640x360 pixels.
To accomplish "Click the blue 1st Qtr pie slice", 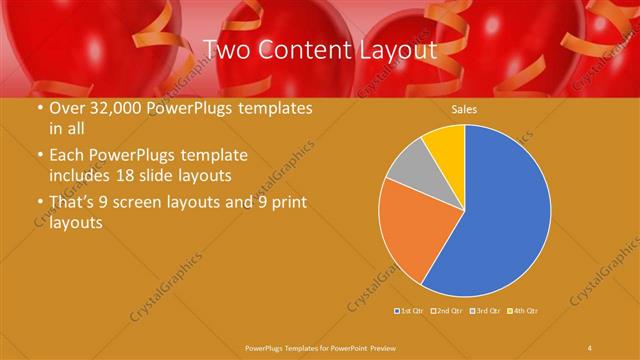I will coord(500,210).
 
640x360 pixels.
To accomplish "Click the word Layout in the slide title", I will coord(397,49).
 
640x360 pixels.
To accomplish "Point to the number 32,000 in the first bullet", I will coord(111,108).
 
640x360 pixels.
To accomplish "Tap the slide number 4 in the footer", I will coord(590,347).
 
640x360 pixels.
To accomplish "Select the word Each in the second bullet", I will coord(67,156).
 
